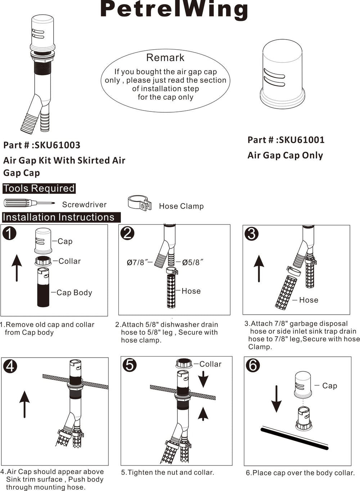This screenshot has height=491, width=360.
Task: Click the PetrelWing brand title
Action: pyautogui.click(x=174, y=9)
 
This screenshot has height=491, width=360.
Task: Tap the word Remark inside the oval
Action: pyautogui.click(x=165, y=58)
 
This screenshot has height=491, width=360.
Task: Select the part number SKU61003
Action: pyautogui.click(x=58, y=145)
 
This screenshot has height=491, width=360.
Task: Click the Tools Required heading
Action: pyautogui.click(x=39, y=188)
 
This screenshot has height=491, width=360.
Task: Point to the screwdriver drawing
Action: pyautogui.click(x=29, y=203)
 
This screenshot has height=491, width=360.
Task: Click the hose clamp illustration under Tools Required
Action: pyautogui.click(x=140, y=203)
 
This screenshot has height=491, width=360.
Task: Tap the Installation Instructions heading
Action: pyautogui.click(x=58, y=217)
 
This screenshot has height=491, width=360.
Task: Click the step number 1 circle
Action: pyautogui.click(x=9, y=233)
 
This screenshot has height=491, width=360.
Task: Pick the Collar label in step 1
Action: pyautogui.click(x=69, y=261)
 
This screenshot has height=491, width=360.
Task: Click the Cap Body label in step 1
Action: pyautogui.click(x=74, y=292)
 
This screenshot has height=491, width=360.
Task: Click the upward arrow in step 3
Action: pyautogui.click(x=259, y=268)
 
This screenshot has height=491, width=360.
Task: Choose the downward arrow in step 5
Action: pyautogui.click(x=203, y=379)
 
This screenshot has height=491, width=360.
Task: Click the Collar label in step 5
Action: pyautogui.click(x=210, y=364)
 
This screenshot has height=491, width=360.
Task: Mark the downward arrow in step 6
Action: pyautogui.click(x=276, y=399)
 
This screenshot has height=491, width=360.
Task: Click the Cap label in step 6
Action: pyautogui.click(x=329, y=386)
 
